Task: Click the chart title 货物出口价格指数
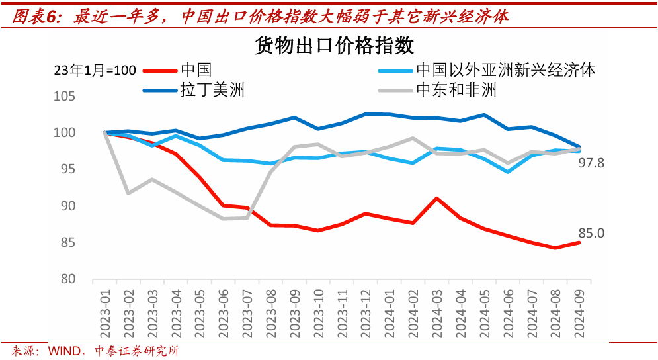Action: (x=334, y=46)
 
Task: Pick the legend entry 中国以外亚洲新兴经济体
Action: (x=506, y=69)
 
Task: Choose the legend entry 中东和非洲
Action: (x=456, y=89)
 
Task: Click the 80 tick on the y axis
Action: (x=69, y=279)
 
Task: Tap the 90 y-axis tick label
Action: (x=69, y=206)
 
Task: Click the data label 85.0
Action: (x=592, y=233)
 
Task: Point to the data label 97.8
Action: (x=592, y=163)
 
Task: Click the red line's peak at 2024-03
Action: (x=436, y=198)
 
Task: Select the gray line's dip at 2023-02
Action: (x=128, y=193)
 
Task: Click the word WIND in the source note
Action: (x=64, y=351)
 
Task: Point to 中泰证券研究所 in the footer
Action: (x=138, y=351)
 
